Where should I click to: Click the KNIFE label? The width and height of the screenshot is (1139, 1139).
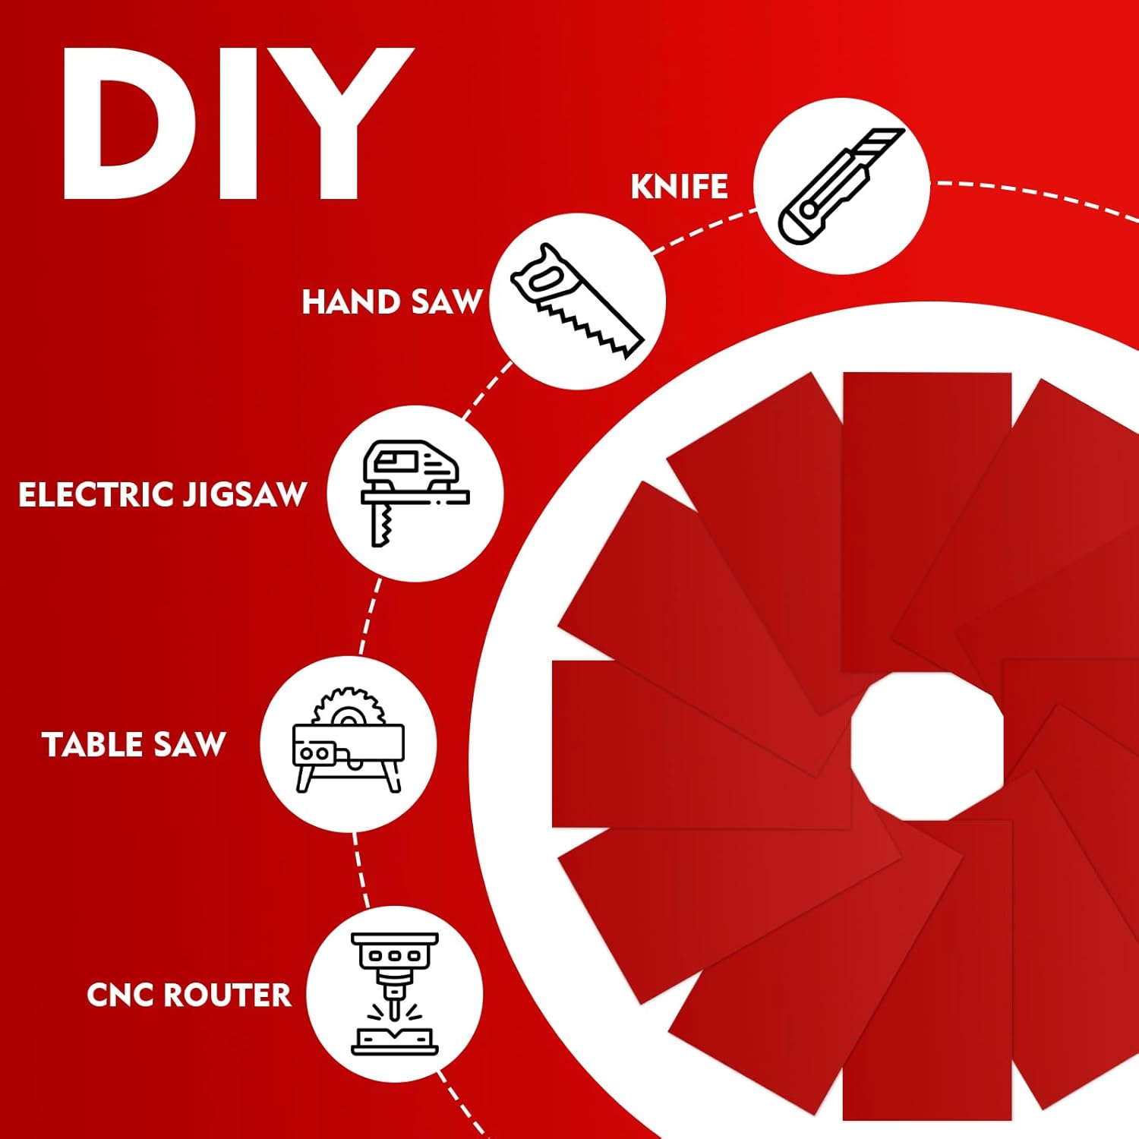point(679,187)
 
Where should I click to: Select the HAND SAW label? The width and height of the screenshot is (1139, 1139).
point(392,302)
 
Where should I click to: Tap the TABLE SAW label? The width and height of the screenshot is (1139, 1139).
point(134,745)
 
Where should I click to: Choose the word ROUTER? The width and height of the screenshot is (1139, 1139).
point(228,995)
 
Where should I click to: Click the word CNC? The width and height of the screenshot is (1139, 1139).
point(121,995)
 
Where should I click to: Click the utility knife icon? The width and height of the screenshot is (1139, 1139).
point(841,186)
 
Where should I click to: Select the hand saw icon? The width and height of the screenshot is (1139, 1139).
point(577,301)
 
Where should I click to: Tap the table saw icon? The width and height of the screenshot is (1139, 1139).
point(349,740)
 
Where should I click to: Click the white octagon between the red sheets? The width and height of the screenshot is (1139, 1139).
point(927,746)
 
